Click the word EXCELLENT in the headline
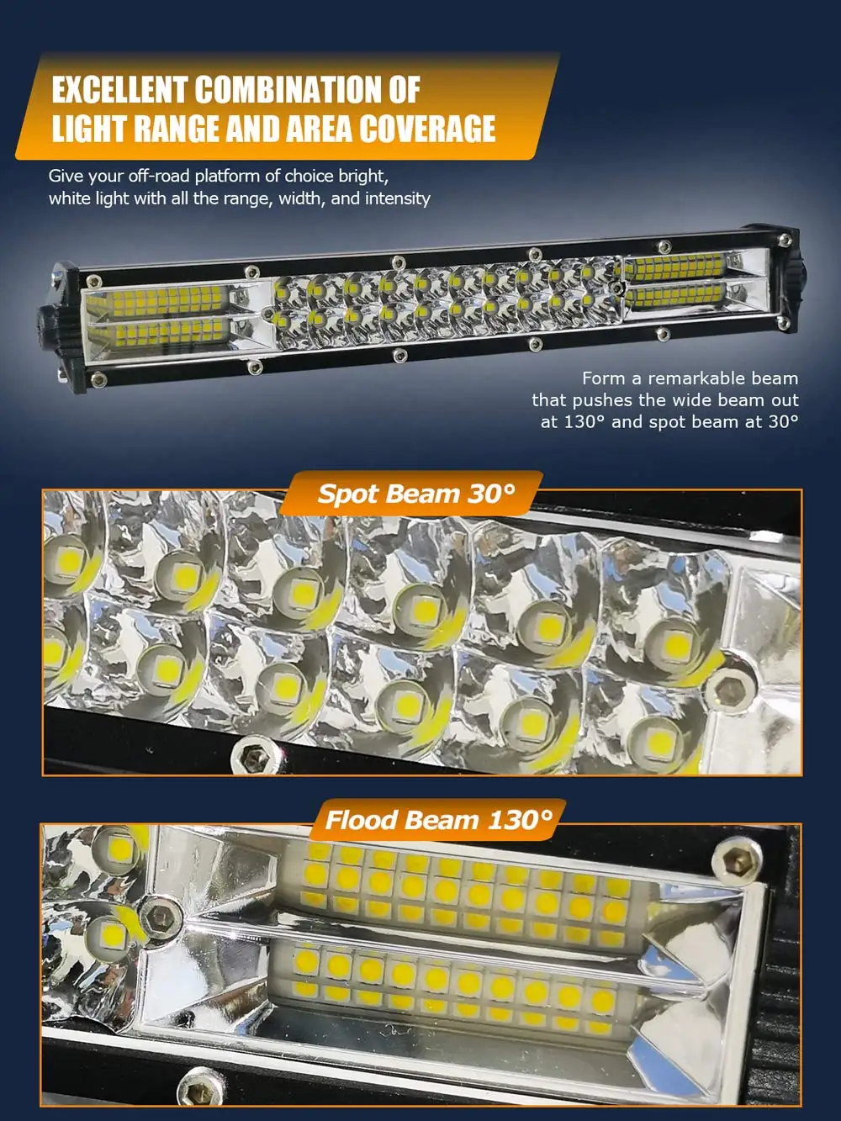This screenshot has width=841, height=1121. pos(119,90)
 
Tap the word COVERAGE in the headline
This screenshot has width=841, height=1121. pos(426,129)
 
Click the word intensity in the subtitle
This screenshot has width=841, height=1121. pos(398,198)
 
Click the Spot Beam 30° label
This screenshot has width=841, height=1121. pos(415,494)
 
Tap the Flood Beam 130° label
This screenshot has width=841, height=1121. pos(438,820)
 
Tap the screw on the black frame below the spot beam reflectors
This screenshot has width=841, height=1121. pos(251,756)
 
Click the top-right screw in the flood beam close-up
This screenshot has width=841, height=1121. pos(738,859)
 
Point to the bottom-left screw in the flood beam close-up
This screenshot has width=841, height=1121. pos(202,1092)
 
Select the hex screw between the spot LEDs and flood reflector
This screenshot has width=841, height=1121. pos(160,917)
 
